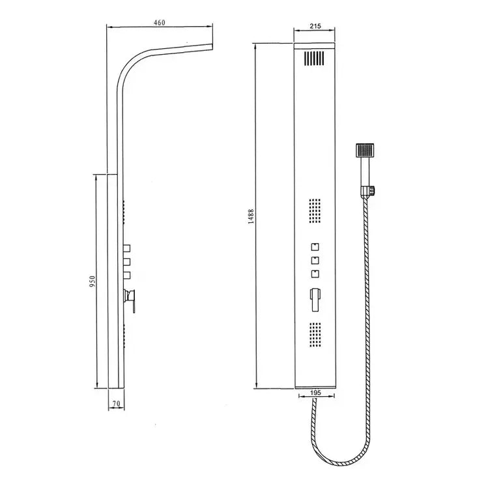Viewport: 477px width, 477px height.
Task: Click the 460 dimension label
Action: pyautogui.click(x=160, y=22)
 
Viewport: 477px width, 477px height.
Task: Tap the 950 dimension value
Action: pyautogui.click(x=93, y=280)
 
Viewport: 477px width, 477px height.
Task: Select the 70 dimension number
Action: pyautogui.click(x=115, y=404)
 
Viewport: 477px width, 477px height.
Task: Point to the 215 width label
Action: pyautogui.click(x=315, y=26)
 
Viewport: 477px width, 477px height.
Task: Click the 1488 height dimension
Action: pyautogui.click(x=251, y=217)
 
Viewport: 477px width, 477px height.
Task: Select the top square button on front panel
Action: pyautogui.click(x=315, y=247)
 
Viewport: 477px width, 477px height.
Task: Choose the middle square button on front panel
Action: pyautogui.click(x=315, y=261)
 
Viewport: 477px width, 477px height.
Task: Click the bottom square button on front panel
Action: pyautogui.click(x=315, y=274)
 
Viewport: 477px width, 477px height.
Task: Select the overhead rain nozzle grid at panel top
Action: pyautogui.click(x=313, y=59)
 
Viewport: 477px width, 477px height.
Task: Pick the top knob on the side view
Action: pyautogui.click(x=128, y=248)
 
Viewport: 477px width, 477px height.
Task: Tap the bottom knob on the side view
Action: pyautogui.click(x=128, y=274)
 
